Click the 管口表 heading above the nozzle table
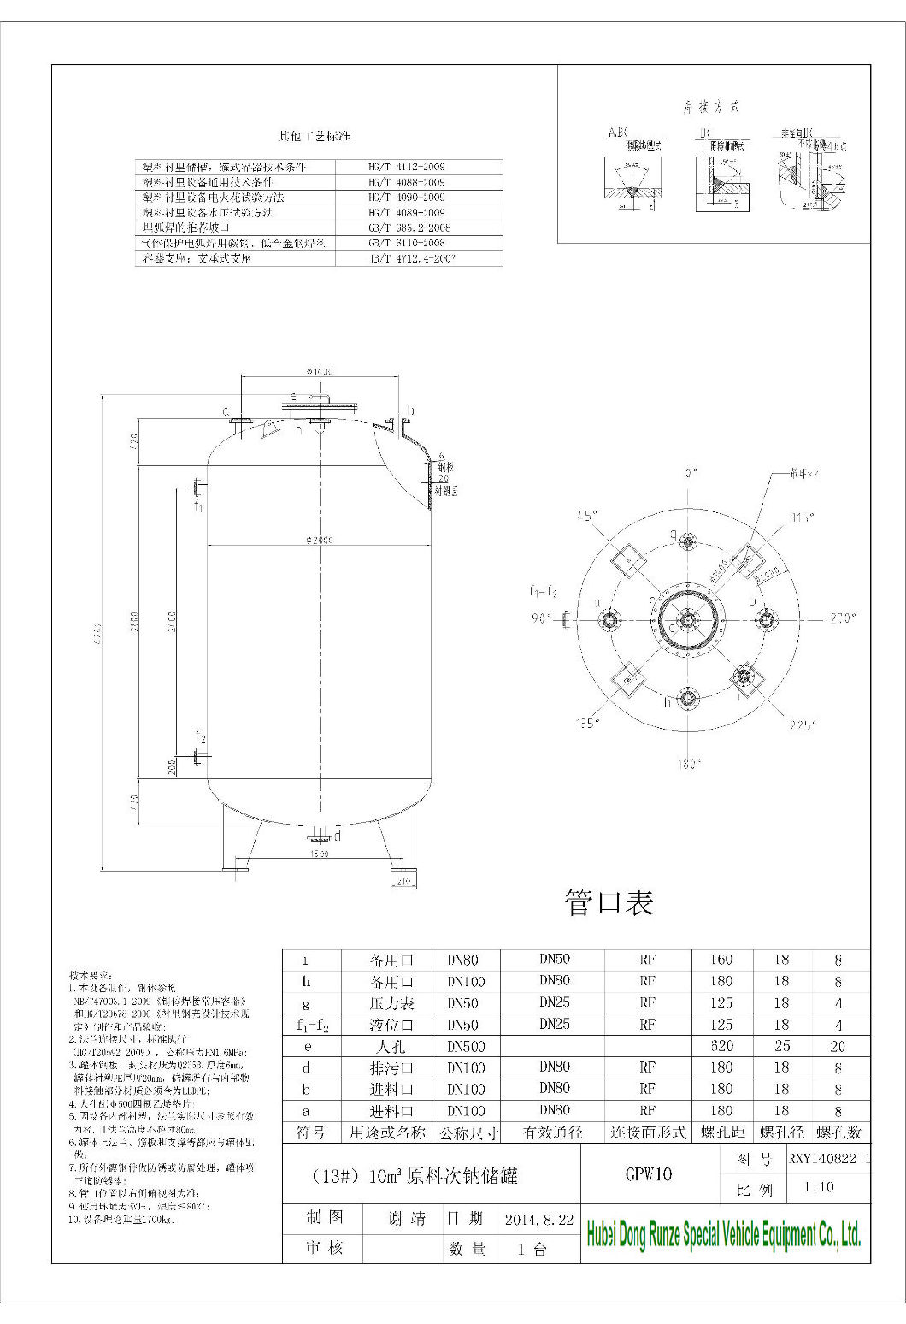(609, 901)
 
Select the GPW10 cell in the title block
(648, 1174)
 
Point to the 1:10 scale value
(819, 1188)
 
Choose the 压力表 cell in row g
(389, 1002)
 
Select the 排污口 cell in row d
(389, 1067)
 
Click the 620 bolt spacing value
(721, 1045)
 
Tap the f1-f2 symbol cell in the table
(312, 1024)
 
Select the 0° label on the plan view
(691, 472)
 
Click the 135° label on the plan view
(586, 724)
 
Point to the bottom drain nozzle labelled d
(321, 834)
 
